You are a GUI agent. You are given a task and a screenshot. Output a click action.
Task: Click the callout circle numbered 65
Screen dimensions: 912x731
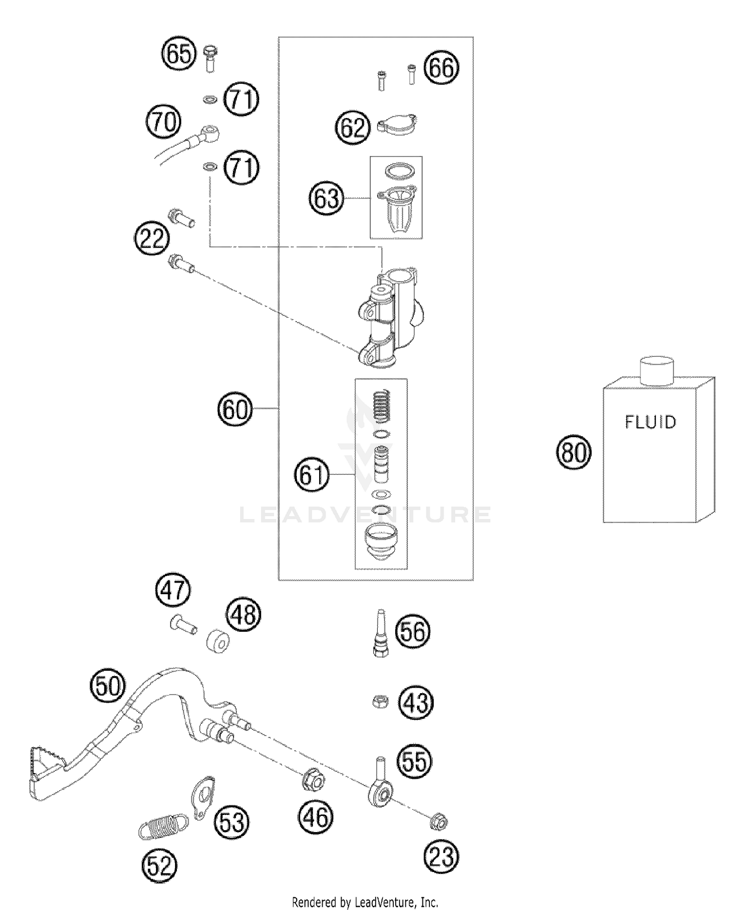(179, 53)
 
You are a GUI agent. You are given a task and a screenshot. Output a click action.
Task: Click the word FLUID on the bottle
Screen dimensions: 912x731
(651, 422)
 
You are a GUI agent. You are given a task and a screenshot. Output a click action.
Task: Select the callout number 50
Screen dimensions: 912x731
(108, 686)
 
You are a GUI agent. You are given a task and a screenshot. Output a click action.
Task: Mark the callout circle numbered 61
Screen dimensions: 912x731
(311, 475)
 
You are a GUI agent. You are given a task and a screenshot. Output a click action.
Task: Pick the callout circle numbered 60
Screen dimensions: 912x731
(235, 408)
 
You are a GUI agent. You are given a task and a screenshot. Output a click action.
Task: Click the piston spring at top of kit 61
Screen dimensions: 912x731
(382, 405)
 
